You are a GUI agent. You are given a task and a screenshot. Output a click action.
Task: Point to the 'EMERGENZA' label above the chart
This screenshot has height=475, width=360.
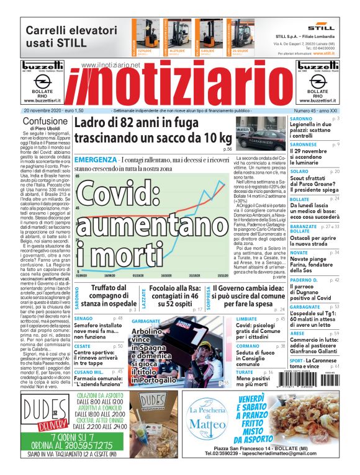tap(94, 161)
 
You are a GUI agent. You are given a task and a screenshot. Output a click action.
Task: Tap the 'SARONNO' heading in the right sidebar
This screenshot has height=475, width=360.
tap(301, 118)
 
